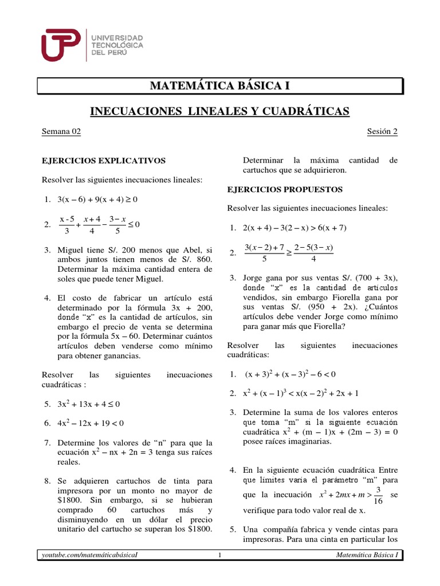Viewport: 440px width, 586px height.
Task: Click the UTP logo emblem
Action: (62, 45)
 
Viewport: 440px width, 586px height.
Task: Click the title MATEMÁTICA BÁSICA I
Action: (220, 86)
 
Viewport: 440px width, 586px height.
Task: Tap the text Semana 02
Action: (61, 132)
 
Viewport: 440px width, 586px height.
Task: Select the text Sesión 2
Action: (382, 132)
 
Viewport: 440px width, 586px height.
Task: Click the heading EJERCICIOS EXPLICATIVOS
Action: (104, 161)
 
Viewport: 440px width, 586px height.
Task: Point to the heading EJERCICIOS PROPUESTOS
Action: (285, 189)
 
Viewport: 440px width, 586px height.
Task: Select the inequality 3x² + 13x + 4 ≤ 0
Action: (89, 404)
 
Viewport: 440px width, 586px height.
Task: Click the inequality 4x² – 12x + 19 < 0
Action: (91, 423)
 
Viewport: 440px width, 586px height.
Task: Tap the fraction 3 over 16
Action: (378, 496)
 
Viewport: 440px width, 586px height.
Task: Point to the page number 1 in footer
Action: (220, 555)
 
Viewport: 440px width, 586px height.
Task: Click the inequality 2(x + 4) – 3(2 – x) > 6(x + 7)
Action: (294, 228)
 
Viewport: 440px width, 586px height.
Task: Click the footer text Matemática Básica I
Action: (367, 555)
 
